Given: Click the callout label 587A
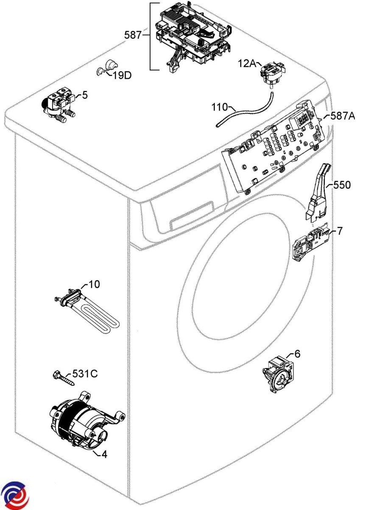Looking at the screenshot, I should pos(343,116).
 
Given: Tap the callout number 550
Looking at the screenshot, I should pos(342,185).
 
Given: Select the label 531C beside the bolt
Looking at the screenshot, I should pos(85,374).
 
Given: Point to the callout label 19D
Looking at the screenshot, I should pos(122,76).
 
